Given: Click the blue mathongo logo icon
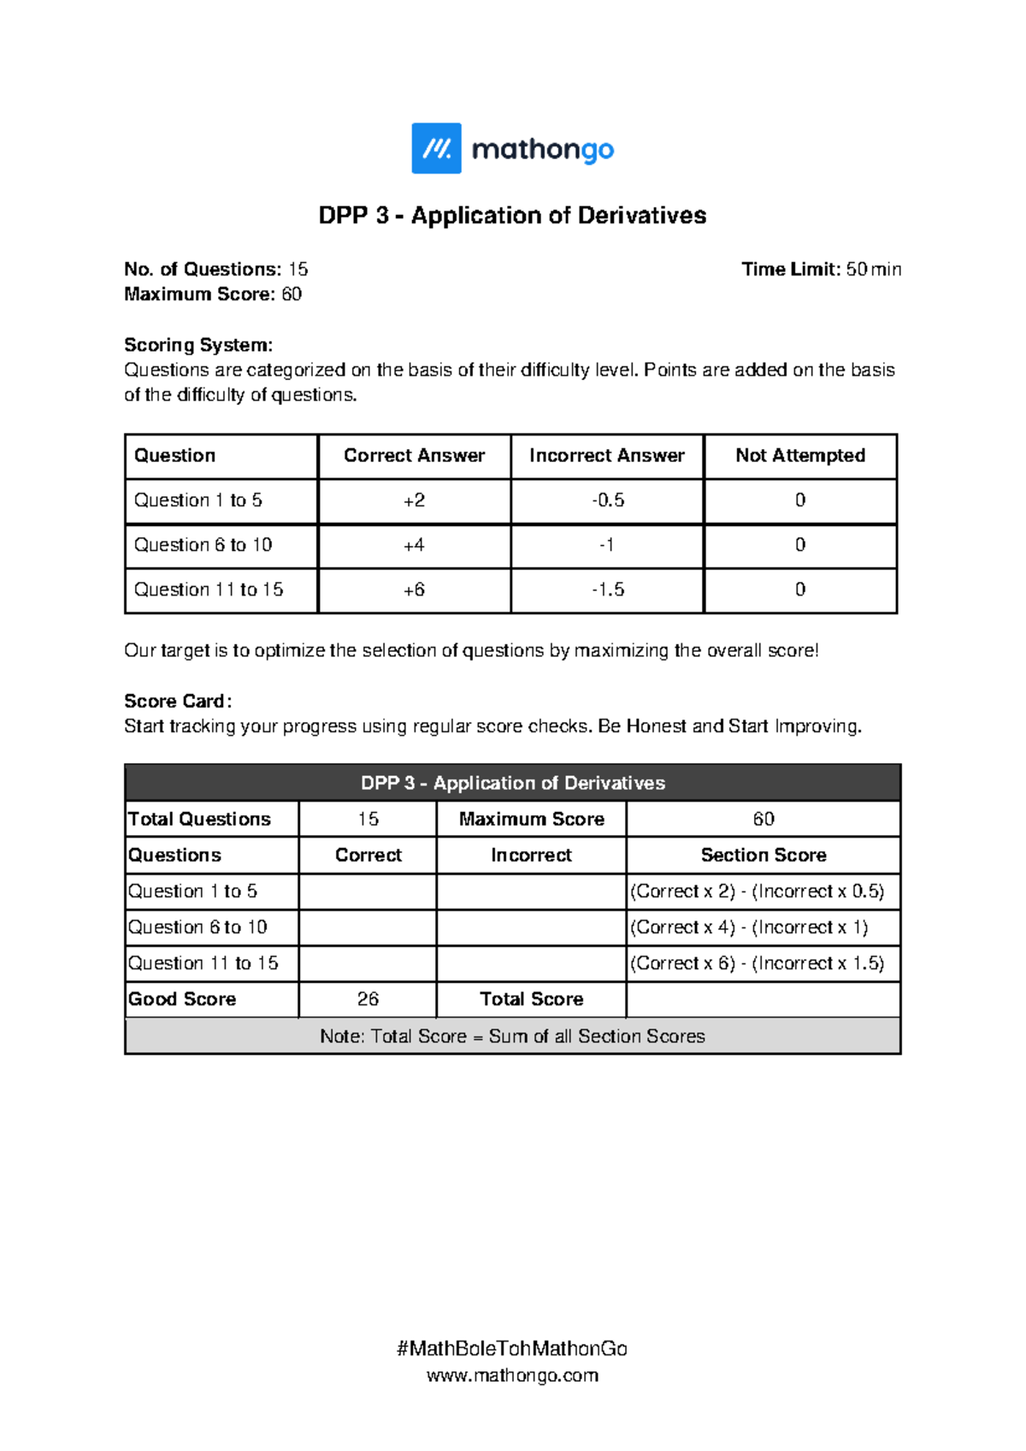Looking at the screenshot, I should (436, 148).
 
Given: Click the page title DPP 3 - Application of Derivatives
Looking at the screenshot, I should (512, 216).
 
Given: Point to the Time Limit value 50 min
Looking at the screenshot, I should (873, 269).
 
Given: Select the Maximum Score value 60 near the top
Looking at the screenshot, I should (292, 294).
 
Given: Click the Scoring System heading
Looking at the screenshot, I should (198, 345).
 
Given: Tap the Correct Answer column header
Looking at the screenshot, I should (414, 456).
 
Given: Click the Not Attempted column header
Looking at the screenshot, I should (800, 456).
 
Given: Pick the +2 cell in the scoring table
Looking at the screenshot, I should (414, 500).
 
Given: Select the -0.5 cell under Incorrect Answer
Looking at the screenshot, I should (607, 500).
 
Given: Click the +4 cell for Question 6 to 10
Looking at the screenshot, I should (414, 545).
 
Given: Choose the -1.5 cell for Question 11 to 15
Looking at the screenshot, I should (607, 589).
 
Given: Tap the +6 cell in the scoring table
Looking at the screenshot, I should (414, 589).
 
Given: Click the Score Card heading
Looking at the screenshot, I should (177, 702).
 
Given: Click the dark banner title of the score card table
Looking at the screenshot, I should (512, 783).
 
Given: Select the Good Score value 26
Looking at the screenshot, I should (368, 999).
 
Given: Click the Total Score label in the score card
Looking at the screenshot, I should (531, 999).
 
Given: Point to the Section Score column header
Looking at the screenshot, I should (763, 856).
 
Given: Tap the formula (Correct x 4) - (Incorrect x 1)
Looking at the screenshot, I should (749, 927).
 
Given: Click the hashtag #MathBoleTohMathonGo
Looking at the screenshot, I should (512, 1349).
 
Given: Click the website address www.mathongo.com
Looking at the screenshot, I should (512, 1376).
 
